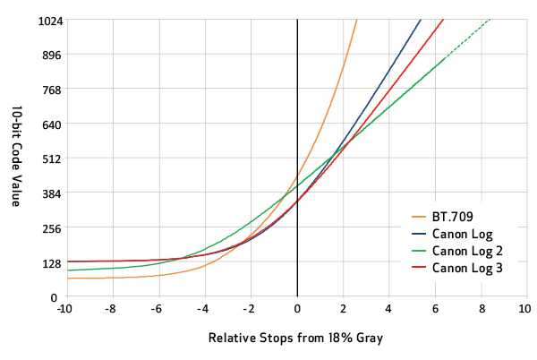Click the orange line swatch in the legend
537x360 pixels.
pos(417,217)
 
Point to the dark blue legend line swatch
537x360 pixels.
pos(417,234)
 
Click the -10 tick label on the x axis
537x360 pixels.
pos(64,309)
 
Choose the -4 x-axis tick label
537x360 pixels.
pos(203,309)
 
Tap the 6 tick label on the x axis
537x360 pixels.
pos(435,309)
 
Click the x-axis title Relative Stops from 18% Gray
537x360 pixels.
pos(294,339)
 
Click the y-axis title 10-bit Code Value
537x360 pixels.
pos(17,158)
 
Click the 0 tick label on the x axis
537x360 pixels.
pos(297,309)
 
